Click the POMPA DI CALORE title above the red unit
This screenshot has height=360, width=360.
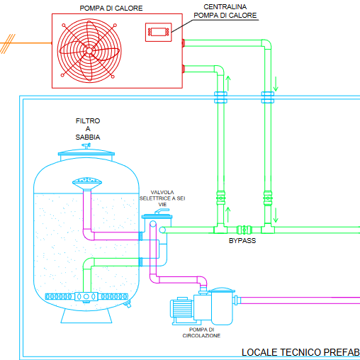click(111, 9)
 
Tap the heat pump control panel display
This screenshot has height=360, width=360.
click(159, 32)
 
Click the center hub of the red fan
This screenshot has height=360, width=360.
click(89, 50)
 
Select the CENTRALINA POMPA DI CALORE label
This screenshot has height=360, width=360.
click(225, 11)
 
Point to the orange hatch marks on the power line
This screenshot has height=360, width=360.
click(8, 44)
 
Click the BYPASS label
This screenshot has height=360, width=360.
click(242, 241)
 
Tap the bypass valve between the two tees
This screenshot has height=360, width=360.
click(244, 230)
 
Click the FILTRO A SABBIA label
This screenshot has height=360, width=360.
click(88, 129)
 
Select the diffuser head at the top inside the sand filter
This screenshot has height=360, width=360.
click(87, 183)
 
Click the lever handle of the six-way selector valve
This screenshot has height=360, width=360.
click(162, 211)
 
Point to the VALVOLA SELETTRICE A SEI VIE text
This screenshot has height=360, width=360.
click(162, 198)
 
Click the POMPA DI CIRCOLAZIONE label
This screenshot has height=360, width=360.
click(201, 332)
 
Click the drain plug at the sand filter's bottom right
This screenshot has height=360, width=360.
click(128, 304)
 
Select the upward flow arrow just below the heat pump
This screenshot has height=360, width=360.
click(228, 83)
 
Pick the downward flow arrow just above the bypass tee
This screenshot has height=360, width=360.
click(276, 215)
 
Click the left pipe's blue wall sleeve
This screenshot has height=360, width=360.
click(220, 97)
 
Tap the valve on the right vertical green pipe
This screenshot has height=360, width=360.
click(268, 198)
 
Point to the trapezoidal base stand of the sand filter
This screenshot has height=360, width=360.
click(86, 316)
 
